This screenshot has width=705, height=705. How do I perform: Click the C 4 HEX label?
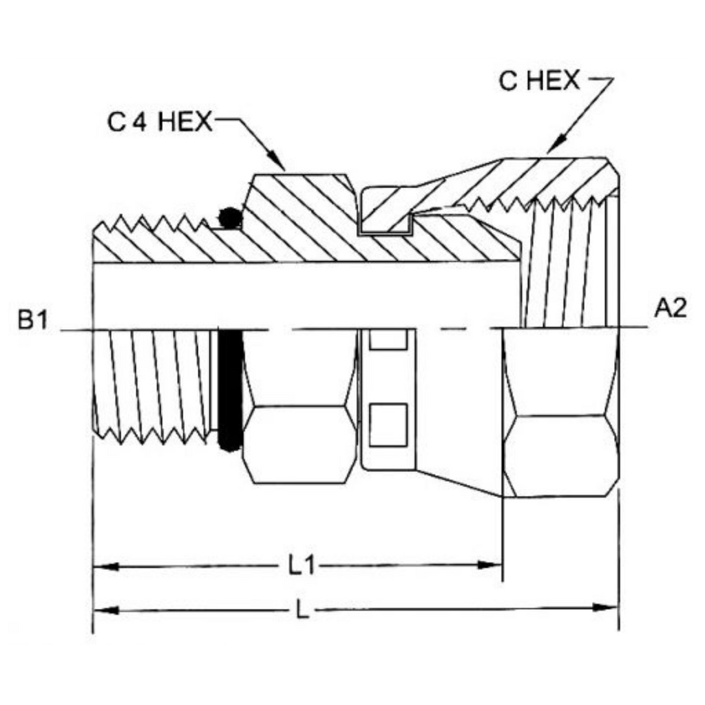(x=160, y=121)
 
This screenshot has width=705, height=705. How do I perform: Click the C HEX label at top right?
(x=539, y=81)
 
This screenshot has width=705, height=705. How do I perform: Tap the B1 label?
(x=32, y=321)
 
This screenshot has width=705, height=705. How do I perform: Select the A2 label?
(x=671, y=309)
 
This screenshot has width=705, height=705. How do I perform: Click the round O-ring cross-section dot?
(x=231, y=218)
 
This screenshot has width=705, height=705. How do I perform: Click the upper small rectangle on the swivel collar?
(x=388, y=340)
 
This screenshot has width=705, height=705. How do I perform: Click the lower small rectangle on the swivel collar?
(x=388, y=425)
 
